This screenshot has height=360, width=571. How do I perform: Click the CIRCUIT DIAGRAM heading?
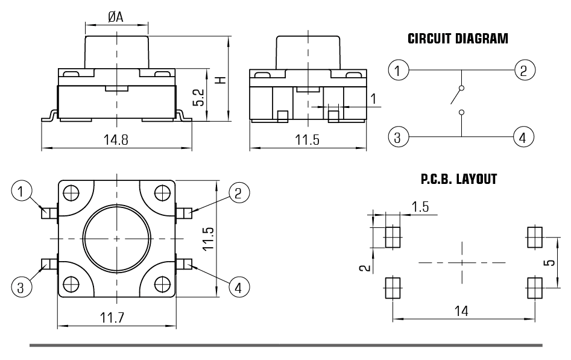[x=458, y=39]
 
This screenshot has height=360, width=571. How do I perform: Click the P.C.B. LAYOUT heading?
[x=459, y=179]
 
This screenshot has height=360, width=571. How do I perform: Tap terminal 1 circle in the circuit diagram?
[x=398, y=70]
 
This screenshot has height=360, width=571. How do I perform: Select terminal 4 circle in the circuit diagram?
[x=523, y=137]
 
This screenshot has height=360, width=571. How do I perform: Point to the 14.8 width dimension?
[x=116, y=139]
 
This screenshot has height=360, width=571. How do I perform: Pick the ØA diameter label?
[x=116, y=17]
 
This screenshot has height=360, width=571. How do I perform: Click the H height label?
[x=221, y=80]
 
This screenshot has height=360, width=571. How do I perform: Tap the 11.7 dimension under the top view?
[x=112, y=318]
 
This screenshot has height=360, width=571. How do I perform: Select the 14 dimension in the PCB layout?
[x=461, y=311]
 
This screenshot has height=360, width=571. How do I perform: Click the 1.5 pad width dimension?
[x=420, y=207]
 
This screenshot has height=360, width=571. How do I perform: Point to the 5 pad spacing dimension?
[x=551, y=262]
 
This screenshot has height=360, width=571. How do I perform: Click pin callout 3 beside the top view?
[x=21, y=287]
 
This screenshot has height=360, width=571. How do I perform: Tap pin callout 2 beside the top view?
[x=239, y=193]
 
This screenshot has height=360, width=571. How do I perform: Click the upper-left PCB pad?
[x=393, y=237]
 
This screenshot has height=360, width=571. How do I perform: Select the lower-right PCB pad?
[x=535, y=288]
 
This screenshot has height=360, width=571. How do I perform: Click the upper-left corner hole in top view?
[x=71, y=193]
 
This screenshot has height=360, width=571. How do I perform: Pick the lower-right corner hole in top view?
[x=162, y=284]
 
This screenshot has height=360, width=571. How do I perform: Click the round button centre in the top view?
[x=116, y=239]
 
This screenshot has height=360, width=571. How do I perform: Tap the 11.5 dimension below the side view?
[x=307, y=139]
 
